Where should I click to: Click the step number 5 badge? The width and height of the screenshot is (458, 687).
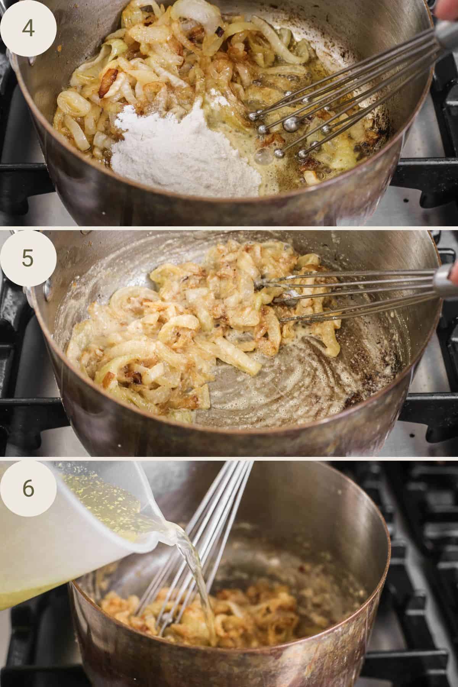click(28, 258)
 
